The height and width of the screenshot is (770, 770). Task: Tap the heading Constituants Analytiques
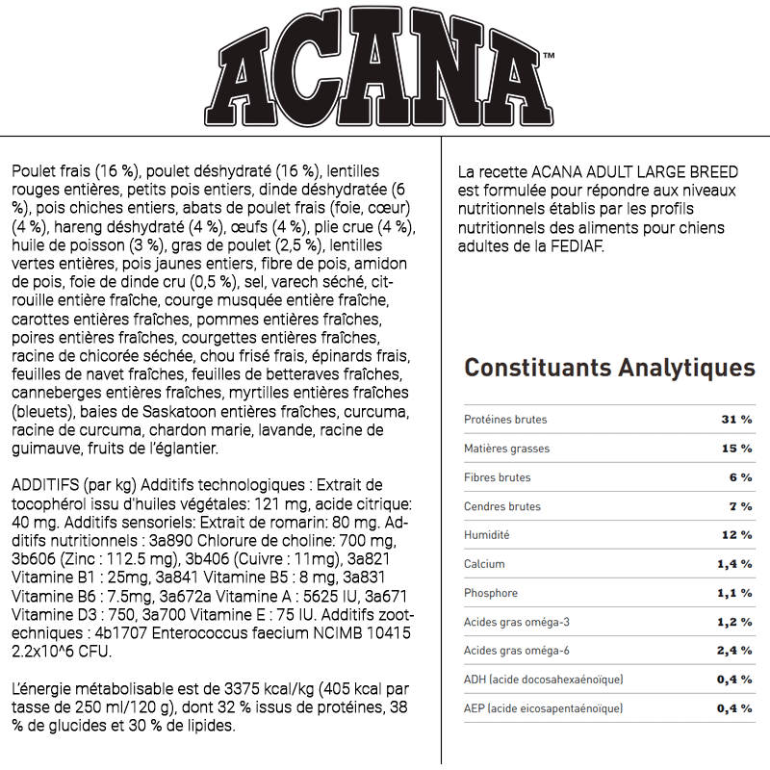(609, 368)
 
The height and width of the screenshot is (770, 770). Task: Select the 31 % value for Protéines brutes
(737, 420)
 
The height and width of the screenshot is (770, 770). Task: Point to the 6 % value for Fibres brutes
(740, 477)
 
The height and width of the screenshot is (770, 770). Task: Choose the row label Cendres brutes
(502, 506)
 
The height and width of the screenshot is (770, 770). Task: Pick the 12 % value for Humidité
(737, 535)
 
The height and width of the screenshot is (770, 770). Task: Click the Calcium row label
(484, 564)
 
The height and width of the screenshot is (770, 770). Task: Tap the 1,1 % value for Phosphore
(734, 593)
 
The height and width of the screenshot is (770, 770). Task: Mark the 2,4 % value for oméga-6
(734, 651)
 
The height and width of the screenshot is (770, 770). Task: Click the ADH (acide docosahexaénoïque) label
(543, 680)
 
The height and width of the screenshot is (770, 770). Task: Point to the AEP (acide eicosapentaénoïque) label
(543, 708)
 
